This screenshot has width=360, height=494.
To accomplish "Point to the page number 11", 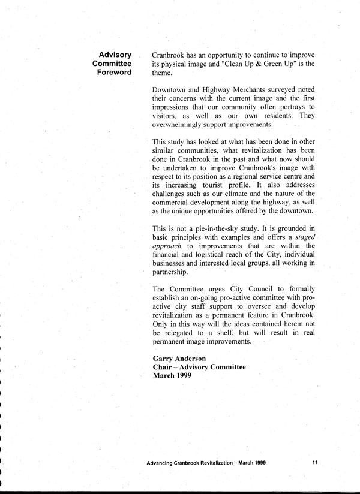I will (315, 463).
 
